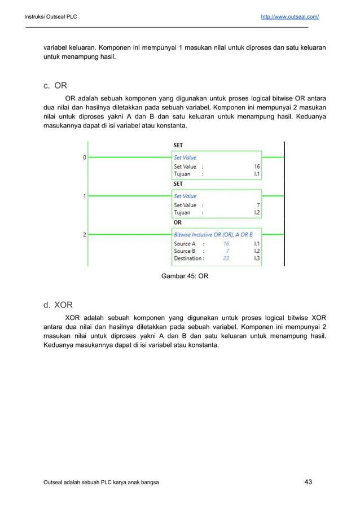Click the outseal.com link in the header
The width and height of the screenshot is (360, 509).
pos(289,16)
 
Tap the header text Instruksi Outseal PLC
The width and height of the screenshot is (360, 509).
pos(50,16)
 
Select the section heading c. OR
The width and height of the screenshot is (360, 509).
pos(55,86)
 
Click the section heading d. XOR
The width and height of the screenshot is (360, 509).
pos(59,305)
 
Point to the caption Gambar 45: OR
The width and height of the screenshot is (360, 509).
pos(185,277)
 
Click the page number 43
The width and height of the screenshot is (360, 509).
pos(308,481)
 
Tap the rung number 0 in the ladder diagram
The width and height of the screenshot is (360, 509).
pos(85,157)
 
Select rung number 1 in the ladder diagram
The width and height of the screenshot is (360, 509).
pos(85,196)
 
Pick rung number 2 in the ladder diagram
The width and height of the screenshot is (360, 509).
pos(85,234)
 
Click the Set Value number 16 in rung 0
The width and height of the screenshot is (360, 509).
pos(257,166)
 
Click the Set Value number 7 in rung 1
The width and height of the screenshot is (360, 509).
pos(258,205)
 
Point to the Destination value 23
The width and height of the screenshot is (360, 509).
pos(226,258)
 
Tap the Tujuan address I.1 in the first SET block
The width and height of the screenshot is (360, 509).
pos(257,174)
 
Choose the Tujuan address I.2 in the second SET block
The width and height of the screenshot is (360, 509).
pos(257,213)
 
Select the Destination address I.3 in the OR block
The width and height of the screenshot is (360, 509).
pos(257,258)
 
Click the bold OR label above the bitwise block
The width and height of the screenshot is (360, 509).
pos(177,222)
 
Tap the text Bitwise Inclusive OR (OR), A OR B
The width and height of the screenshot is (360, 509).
pos(213,234)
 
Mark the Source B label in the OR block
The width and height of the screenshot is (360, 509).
pos(185,251)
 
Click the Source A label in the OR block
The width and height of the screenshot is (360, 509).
pos(185,244)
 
